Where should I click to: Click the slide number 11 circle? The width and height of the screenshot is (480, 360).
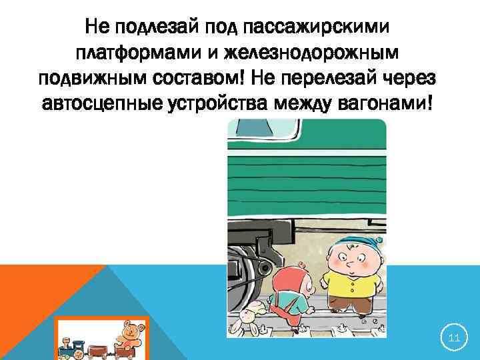pyautogui.click(x=454, y=339)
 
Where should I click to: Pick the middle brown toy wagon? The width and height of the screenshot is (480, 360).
pyautogui.click(x=99, y=346)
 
